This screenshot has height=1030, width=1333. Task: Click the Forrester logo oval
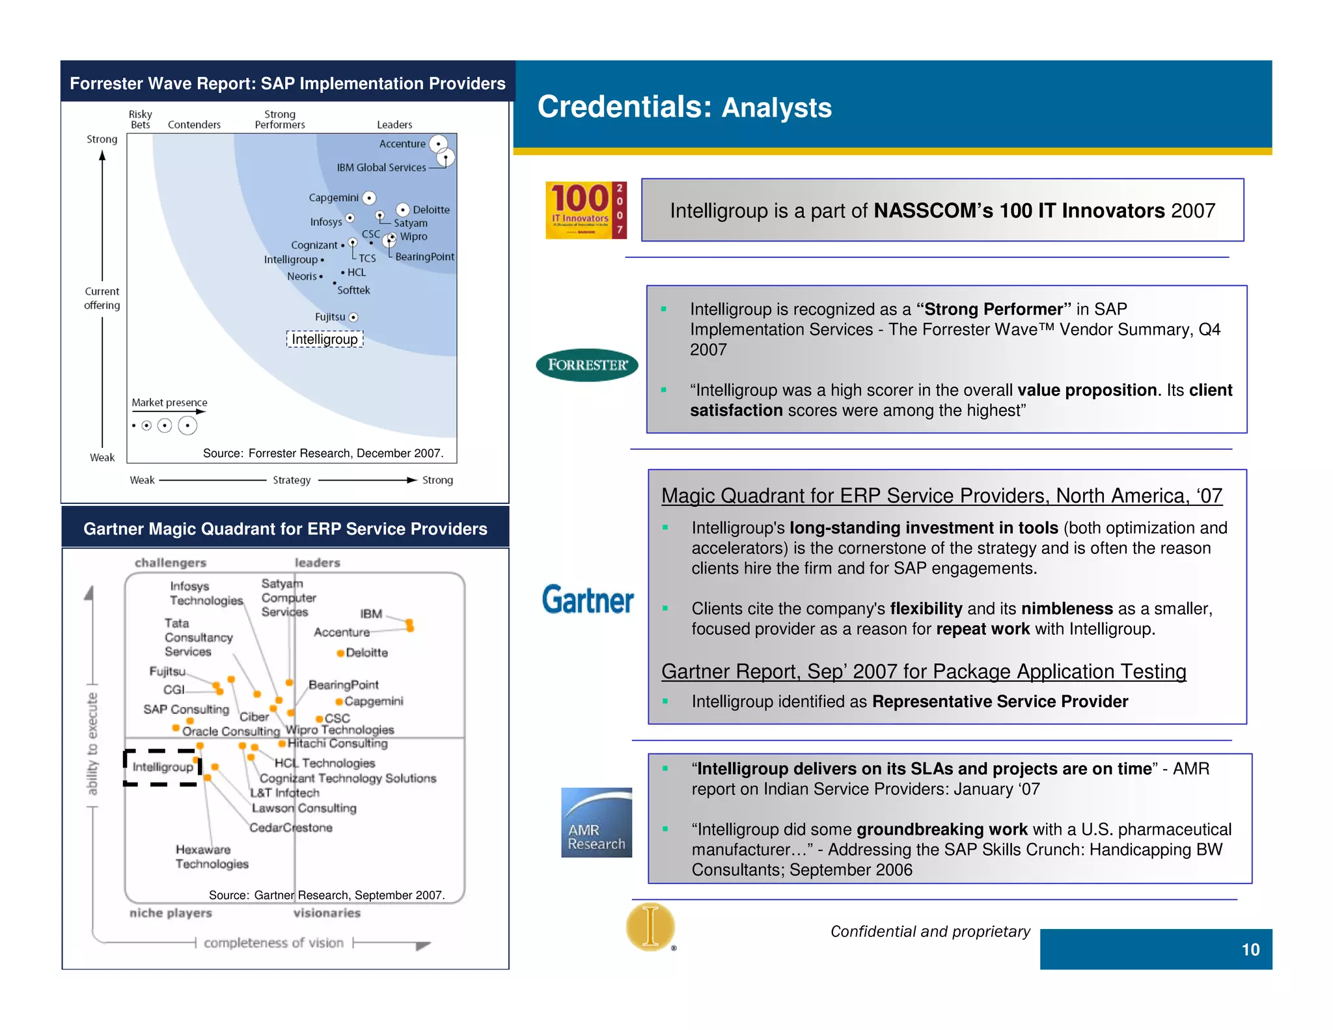[x=586, y=365]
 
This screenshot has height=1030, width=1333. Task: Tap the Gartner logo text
[x=588, y=600]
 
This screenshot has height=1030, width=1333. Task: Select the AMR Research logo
[x=596, y=822]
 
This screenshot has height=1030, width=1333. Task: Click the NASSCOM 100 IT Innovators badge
[x=586, y=210]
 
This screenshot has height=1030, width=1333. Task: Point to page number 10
[x=1250, y=949]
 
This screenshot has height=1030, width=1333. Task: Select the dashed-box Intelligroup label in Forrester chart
[x=324, y=339]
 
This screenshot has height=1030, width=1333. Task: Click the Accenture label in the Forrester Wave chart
[x=402, y=144]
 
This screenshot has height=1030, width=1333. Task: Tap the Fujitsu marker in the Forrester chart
[x=353, y=318]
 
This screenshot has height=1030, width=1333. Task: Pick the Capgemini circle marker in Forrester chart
[x=369, y=198]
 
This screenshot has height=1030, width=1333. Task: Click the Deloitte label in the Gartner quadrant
[x=366, y=652]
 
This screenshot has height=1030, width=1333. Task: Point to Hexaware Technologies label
[x=212, y=857]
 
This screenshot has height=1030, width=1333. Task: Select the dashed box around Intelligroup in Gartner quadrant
[x=162, y=768]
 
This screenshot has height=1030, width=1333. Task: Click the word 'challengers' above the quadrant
[x=171, y=563]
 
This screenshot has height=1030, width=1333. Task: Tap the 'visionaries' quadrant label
[x=327, y=913]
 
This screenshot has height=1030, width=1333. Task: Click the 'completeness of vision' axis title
[x=273, y=943]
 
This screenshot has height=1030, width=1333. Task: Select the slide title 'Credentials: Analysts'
[x=684, y=107]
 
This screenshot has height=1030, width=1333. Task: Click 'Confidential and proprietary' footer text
[x=930, y=932]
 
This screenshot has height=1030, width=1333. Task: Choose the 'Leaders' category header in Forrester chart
[x=394, y=124]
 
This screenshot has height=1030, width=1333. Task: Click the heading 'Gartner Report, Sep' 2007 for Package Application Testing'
[x=924, y=671]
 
